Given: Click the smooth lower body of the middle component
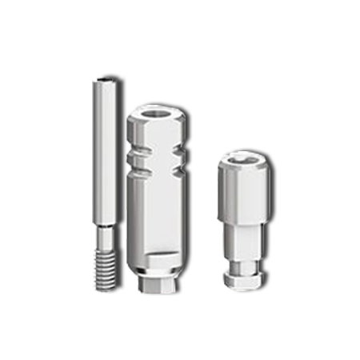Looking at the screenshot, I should pos(156,216).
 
